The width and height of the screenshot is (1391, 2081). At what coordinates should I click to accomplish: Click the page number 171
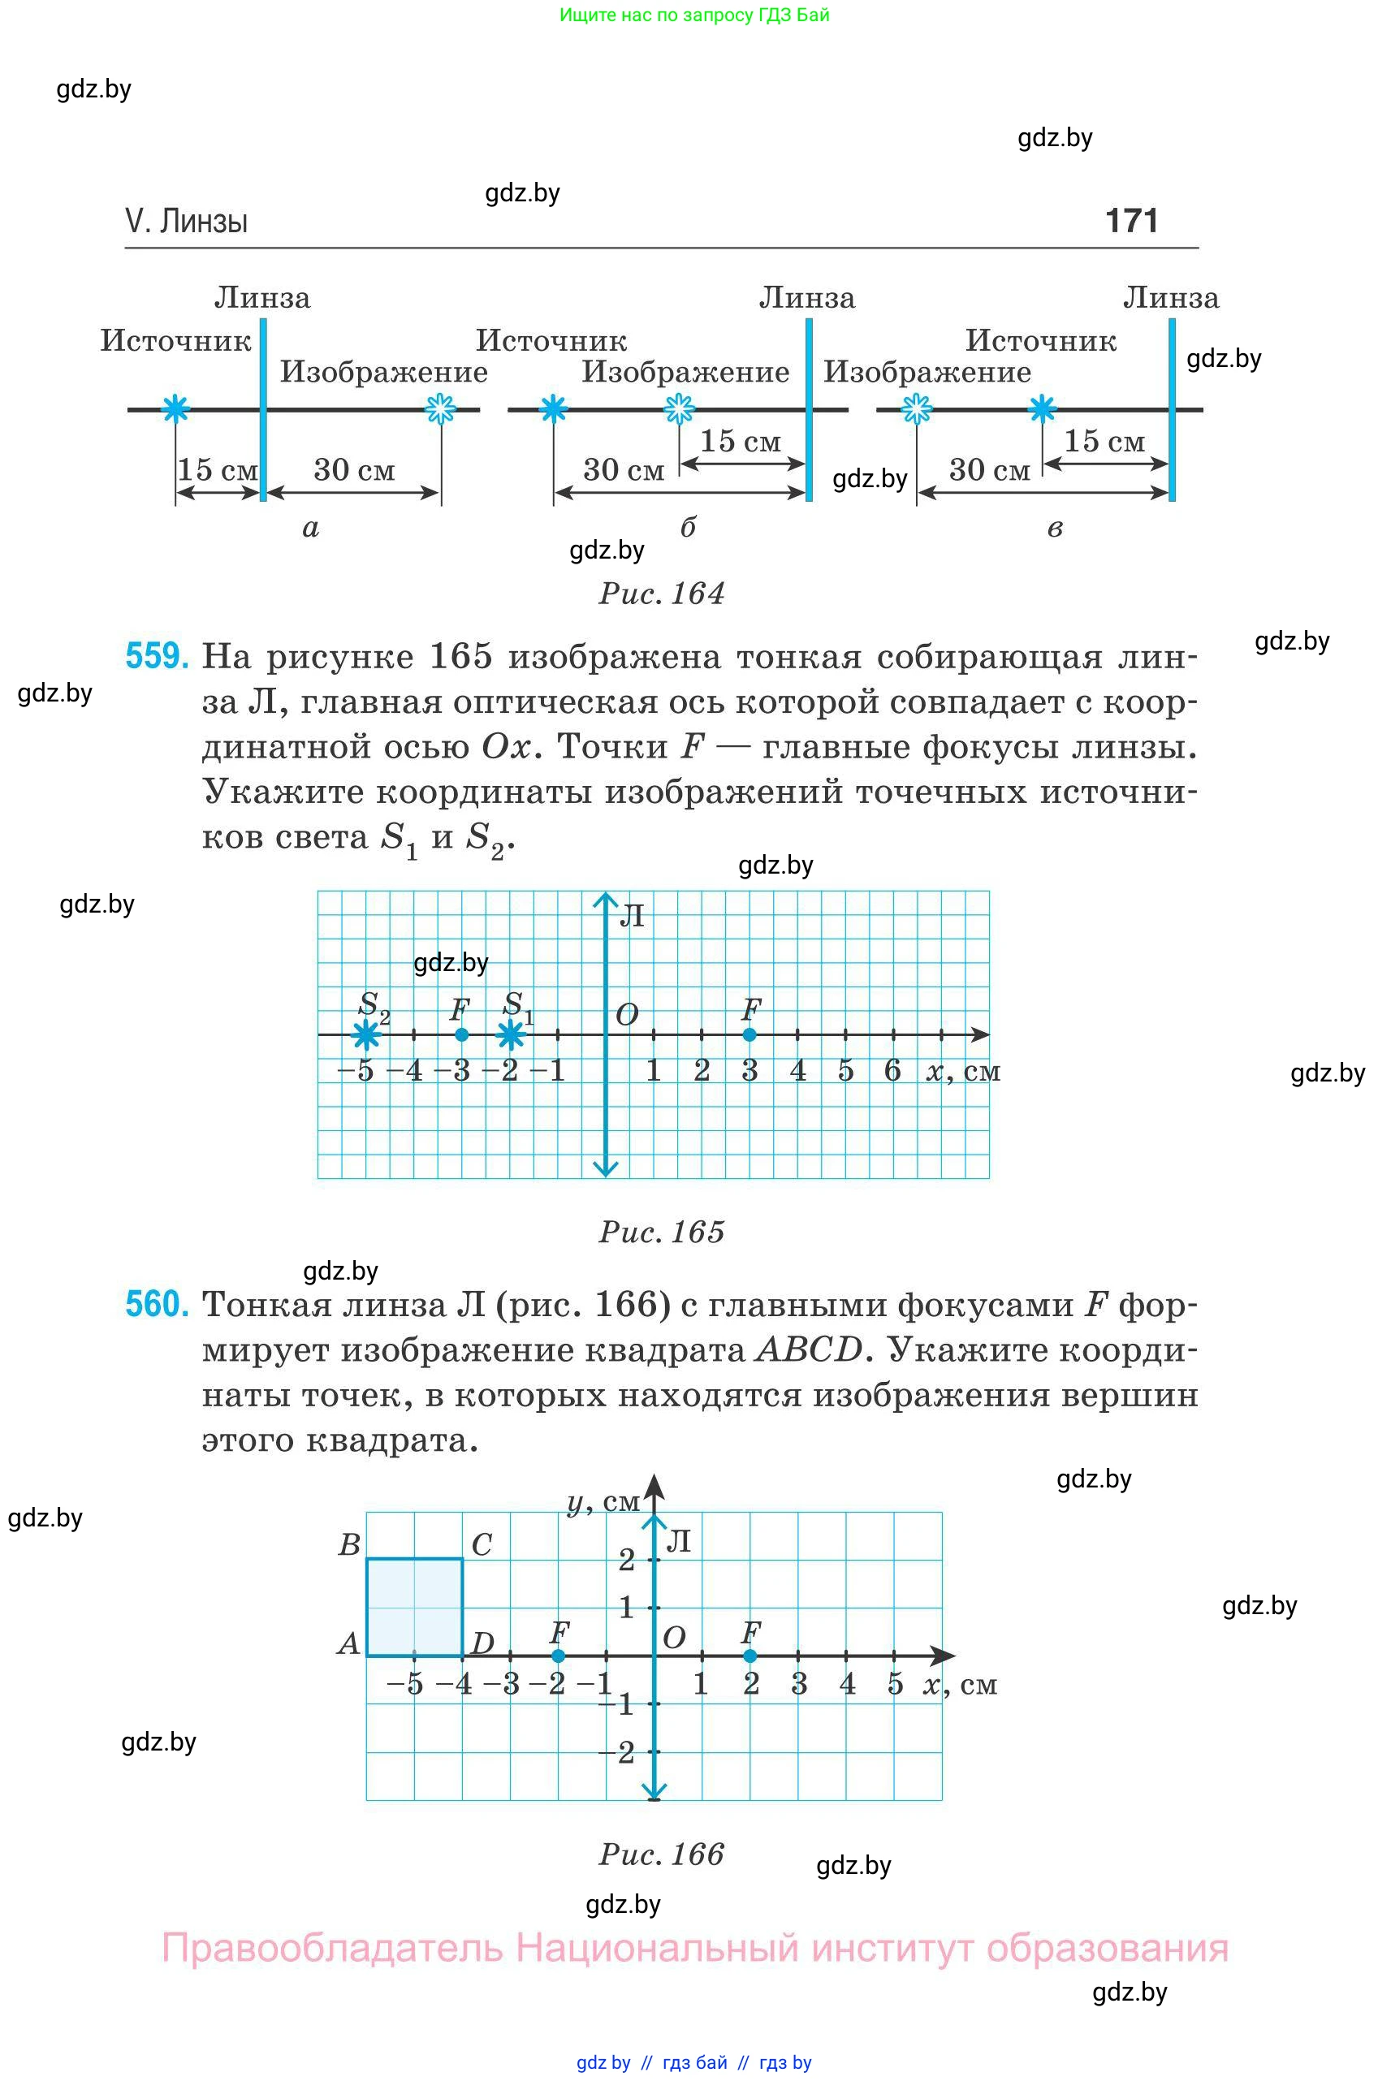pyautogui.click(x=1131, y=221)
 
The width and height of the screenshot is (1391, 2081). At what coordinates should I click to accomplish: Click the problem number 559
pyautogui.click(x=157, y=656)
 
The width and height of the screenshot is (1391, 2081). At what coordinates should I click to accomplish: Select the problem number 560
pyautogui.click(x=157, y=1304)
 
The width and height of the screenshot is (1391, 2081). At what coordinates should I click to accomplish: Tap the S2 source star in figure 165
pyautogui.click(x=365, y=1034)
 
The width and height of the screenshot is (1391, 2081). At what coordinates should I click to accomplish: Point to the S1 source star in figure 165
pyautogui.click(x=510, y=1034)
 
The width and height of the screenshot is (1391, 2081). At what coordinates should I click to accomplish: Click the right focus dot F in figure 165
pyautogui.click(x=749, y=1034)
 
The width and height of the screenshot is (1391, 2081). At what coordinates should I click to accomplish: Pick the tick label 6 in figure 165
pyautogui.click(x=892, y=1071)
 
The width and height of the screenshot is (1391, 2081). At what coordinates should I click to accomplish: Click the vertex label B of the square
pyautogui.click(x=349, y=1544)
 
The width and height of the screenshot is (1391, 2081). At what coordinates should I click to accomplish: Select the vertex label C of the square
pyautogui.click(x=482, y=1544)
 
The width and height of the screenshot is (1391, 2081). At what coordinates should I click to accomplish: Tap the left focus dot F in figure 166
pyautogui.click(x=558, y=1656)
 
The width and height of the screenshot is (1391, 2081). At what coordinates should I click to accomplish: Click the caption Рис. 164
pyautogui.click(x=662, y=594)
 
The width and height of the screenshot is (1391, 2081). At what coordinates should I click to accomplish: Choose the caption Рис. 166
pyautogui.click(x=662, y=1854)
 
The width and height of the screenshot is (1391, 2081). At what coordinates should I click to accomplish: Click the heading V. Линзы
pyautogui.click(x=186, y=221)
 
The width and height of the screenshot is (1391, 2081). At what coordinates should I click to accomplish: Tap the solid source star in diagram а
pyautogui.click(x=175, y=409)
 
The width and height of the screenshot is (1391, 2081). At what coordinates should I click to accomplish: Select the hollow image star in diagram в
pyautogui.click(x=917, y=409)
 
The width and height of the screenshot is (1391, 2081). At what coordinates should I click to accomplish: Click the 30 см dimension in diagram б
pyautogui.click(x=624, y=469)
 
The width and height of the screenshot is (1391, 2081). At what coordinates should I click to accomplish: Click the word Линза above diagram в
pyautogui.click(x=1171, y=298)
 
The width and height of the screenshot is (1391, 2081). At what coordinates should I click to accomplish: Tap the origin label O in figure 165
pyautogui.click(x=627, y=1015)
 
